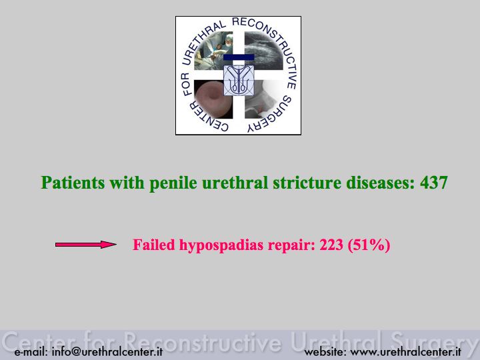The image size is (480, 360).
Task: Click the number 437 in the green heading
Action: pyautogui.click(x=434, y=183)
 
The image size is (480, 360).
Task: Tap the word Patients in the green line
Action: pyautogui.click(x=73, y=183)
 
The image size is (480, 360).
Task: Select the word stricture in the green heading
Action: pyautogui.click(x=307, y=183)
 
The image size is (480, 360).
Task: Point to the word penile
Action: pyautogui.click(x=173, y=183)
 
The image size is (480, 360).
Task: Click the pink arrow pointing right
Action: pyautogui.click(x=86, y=244)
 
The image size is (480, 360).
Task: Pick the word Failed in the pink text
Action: pyautogui.click(x=154, y=245)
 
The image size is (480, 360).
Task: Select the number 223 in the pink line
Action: pyautogui.click(x=331, y=245)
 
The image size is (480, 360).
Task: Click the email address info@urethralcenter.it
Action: pyautogui.click(x=107, y=351)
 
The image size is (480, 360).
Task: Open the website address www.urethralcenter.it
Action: pyautogui.click(x=405, y=351)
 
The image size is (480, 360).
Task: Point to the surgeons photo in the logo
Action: pyautogui.click(x=213, y=51)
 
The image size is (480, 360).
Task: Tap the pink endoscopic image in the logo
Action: pyautogui.click(x=213, y=99)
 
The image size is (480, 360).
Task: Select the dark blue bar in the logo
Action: pyautogui.click(x=239, y=57)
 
